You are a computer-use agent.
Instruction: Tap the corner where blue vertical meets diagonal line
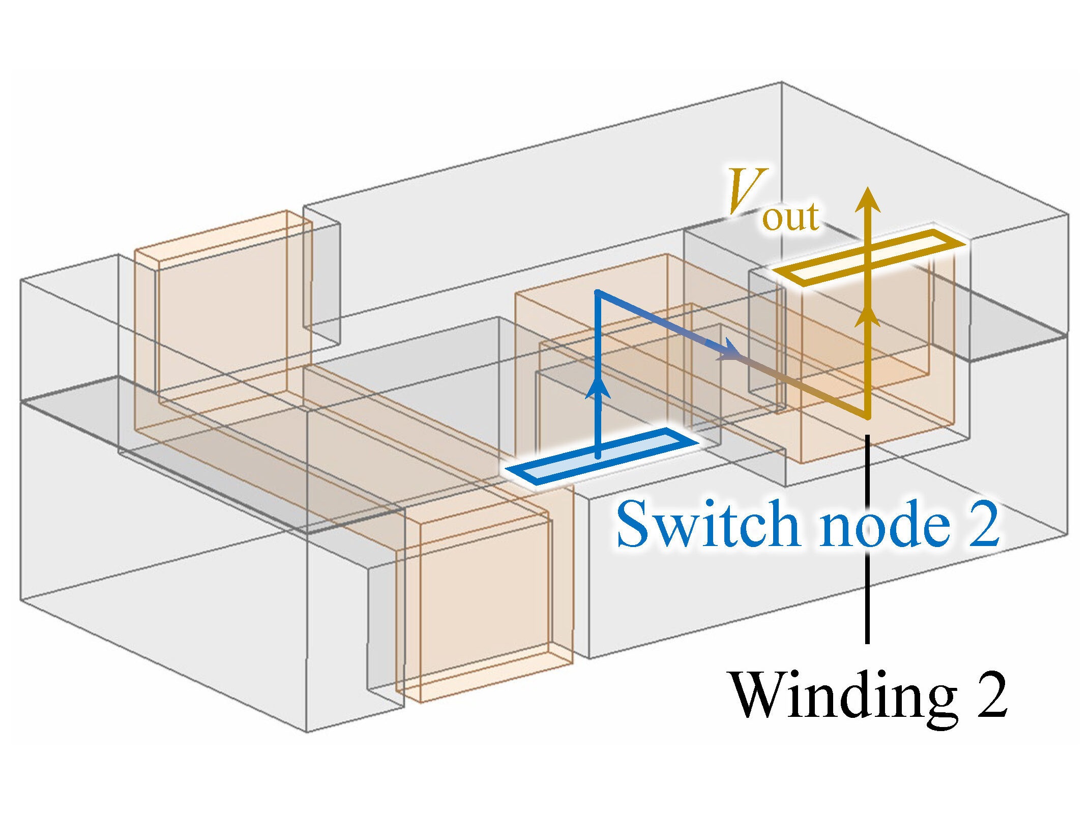pyautogui.click(x=599, y=293)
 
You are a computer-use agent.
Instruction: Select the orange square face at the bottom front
pyautogui.click(x=486, y=608)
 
